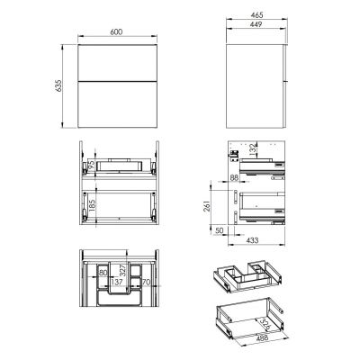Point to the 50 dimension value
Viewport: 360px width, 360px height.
click(x=222, y=230)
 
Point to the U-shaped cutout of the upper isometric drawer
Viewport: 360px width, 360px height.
click(x=243, y=273)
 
